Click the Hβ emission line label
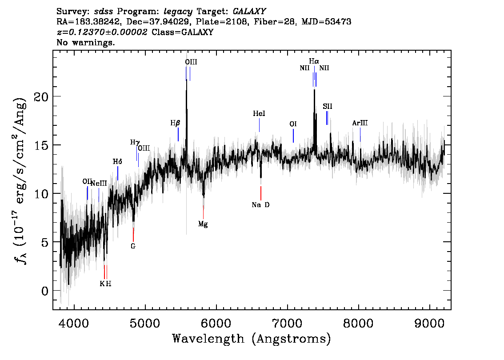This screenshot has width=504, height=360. coord(175,123)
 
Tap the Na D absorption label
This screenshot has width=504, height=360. coord(261,205)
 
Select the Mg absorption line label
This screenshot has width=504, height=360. coord(203,224)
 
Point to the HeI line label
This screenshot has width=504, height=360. coord(259,113)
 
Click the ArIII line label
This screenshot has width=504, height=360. coord(360,123)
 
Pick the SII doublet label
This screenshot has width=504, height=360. coord(328,106)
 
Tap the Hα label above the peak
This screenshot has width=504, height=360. coord(314,61)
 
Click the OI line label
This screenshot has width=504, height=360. coord(293,124)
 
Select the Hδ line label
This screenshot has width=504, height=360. coord(117,162)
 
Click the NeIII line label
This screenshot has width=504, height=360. coord(99,184)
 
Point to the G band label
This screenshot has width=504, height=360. coord(133,246)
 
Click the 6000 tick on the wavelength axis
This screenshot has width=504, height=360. coord(216,323)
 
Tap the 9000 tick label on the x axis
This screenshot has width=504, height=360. coord(430,323)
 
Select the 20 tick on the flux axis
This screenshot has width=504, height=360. coord(41,96)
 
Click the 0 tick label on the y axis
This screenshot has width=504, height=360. coord(45,291)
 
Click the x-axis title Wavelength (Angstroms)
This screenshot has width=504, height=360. coord(252,339)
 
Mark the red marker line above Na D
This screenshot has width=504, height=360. coord(261,193)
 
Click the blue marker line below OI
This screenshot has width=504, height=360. coord(293,136)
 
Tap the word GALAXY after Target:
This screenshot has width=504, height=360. coord(249,12)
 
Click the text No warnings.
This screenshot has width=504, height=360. coord(85,42)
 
